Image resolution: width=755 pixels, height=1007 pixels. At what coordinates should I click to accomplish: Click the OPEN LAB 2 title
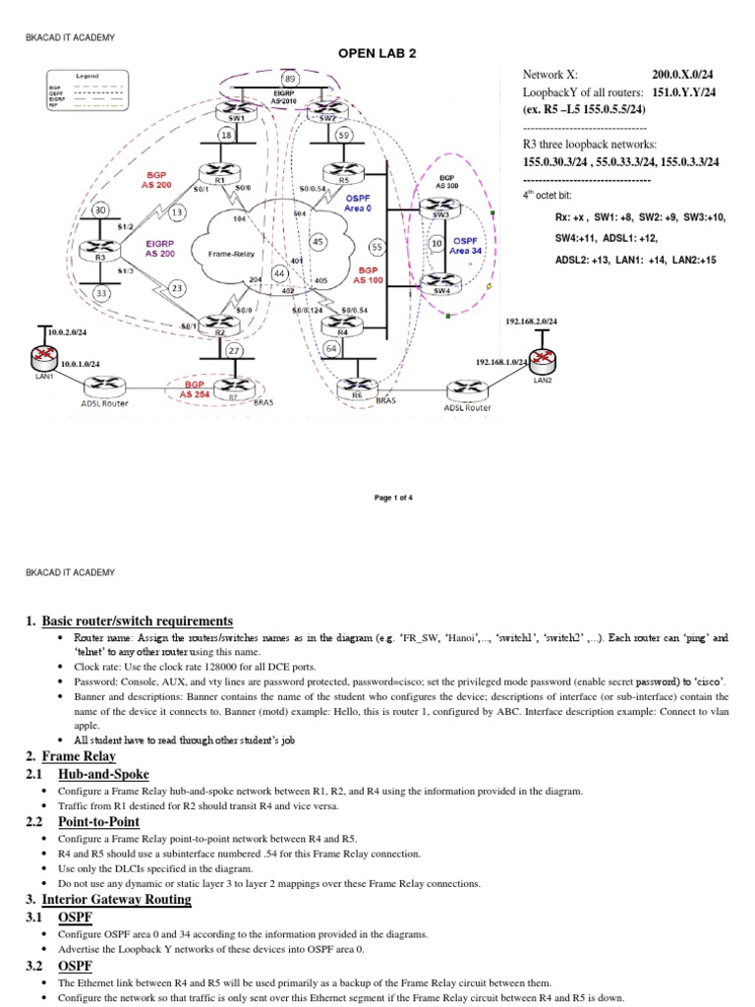[x=377, y=53]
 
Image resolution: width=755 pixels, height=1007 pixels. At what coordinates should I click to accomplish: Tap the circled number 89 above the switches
[x=290, y=78]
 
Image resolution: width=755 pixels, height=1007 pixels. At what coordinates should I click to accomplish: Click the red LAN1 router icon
[x=44, y=356]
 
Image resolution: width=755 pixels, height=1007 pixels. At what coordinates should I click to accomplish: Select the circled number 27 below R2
[x=234, y=351]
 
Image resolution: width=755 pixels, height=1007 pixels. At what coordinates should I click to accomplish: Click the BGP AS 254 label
[x=199, y=388]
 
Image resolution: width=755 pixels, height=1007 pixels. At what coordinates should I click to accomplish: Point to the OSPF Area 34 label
[x=467, y=245]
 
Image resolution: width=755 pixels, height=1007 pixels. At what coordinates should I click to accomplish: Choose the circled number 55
[x=377, y=247]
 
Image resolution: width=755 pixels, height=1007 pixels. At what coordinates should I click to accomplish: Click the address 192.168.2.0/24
[x=532, y=321]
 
